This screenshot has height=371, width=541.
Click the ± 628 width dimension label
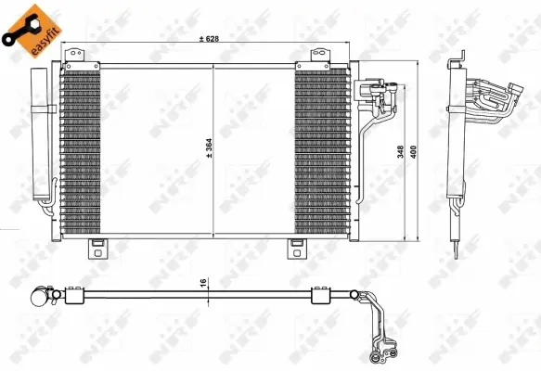214,38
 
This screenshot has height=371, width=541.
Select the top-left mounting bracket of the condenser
74,63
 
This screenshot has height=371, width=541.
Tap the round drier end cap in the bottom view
38,298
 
